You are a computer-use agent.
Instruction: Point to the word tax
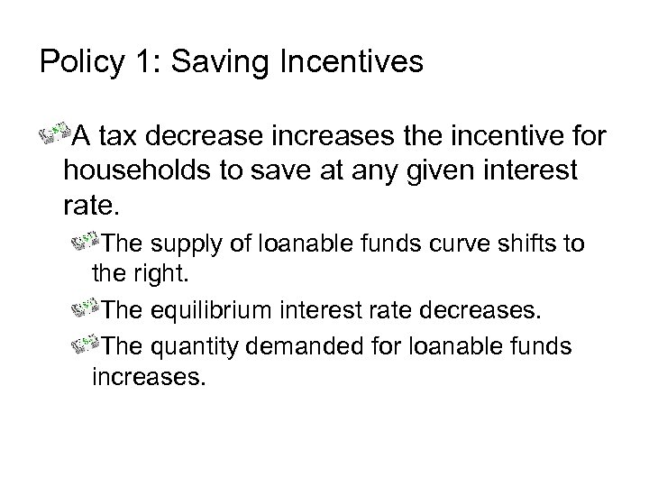114,138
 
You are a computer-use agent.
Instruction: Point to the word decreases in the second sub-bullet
486,311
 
